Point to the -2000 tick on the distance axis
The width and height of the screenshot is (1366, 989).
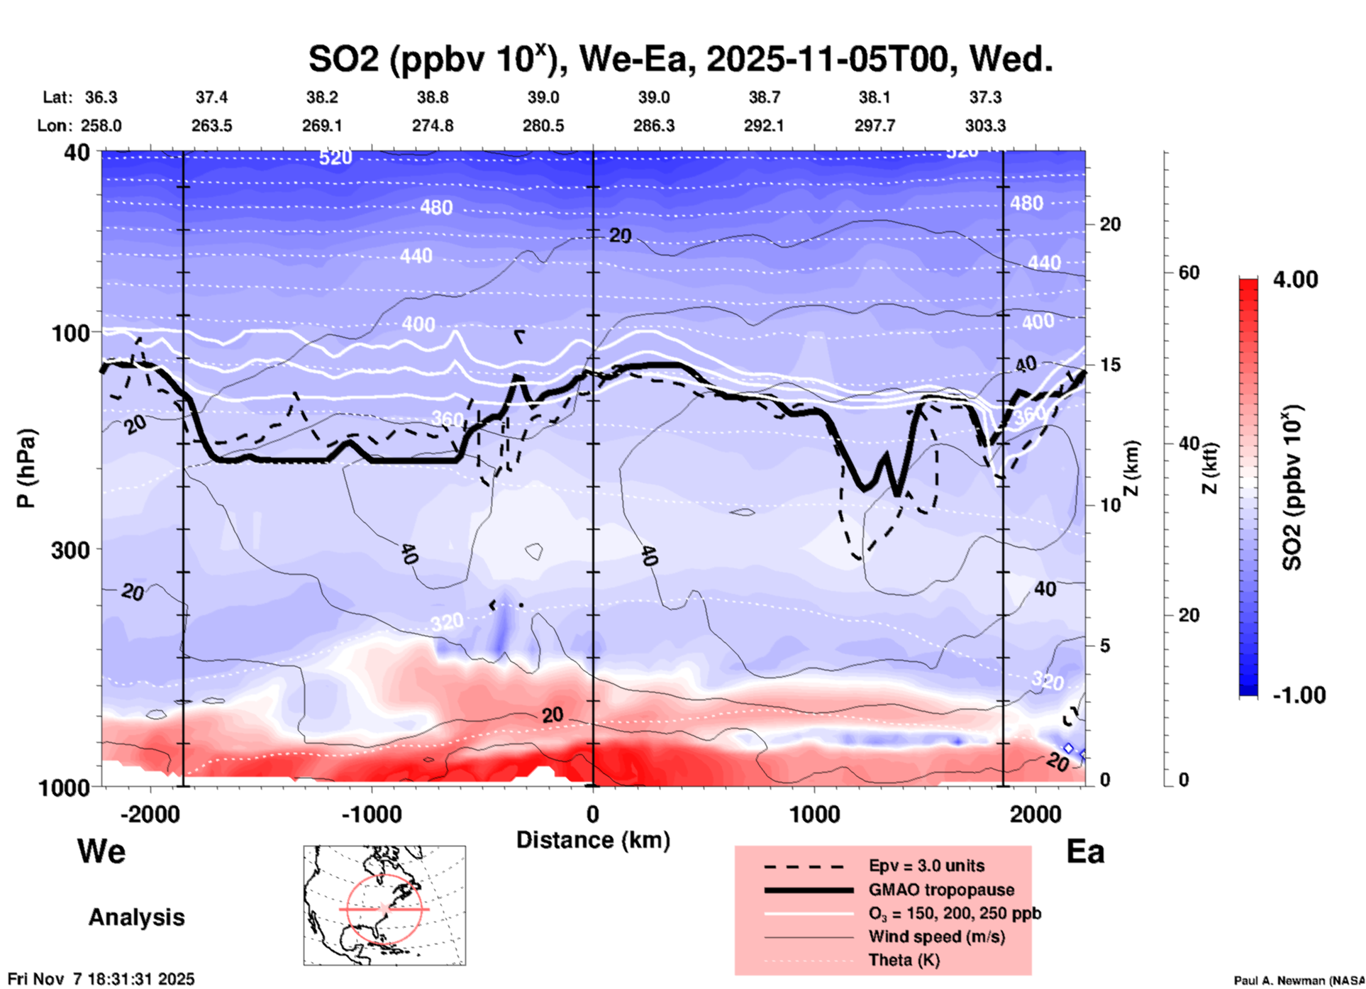coord(150,814)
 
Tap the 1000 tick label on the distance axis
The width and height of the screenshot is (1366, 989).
coord(814,814)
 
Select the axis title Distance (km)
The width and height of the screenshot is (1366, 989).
coord(593,840)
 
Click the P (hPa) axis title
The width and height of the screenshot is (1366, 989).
coord(26,468)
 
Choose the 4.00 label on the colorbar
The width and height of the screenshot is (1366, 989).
coord(1295,280)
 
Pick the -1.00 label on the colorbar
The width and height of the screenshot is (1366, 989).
coord(1299,695)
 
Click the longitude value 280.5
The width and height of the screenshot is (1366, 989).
coord(543,126)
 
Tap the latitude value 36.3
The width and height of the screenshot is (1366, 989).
coord(101,97)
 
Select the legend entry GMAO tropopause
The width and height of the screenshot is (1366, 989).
coord(941,890)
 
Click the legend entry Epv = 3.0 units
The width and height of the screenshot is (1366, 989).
coord(926,866)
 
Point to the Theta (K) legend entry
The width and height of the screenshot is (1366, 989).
coord(904,960)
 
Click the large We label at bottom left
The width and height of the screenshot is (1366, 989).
coord(101,851)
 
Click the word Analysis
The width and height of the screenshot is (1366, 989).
coord(136,917)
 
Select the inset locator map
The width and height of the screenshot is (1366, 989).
coord(384,905)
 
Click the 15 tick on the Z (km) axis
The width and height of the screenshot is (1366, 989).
coord(1110,365)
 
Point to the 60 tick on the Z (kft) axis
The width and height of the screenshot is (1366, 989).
coord(1189,272)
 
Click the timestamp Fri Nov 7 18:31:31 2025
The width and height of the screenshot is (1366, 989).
coord(101,979)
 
